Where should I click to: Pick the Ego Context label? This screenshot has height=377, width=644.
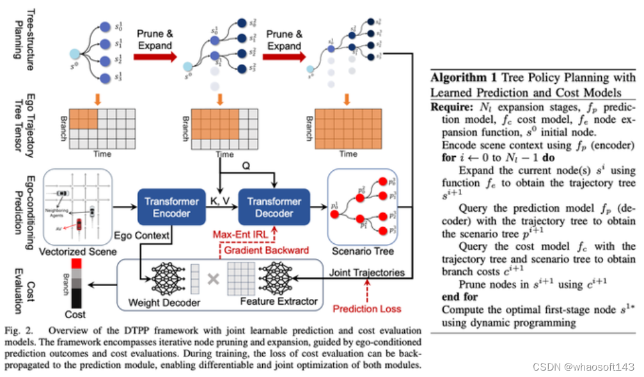click(x=143, y=236)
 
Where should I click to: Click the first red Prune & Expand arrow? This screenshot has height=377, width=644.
click(x=155, y=57)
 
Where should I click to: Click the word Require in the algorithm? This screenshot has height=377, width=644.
click(x=452, y=106)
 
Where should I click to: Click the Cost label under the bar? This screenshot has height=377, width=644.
click(x=76, y=314)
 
